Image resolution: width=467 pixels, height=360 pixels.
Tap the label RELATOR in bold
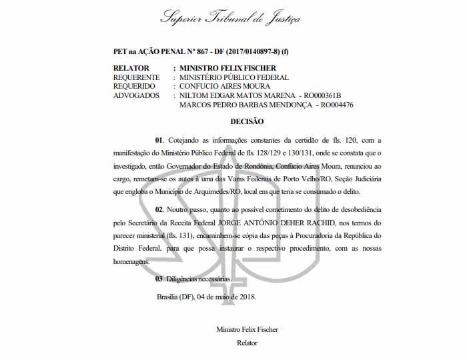[x=131, y=68]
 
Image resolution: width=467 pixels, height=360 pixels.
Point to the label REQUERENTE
[x=137, y=77]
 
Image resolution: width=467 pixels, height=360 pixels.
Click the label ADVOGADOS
[x=136, y=95]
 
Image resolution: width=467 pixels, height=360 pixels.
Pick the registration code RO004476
[x=336, y=105]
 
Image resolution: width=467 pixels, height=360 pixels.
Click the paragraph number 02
[x=159, y=210]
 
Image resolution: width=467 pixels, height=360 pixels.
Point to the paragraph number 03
[x=159, y=279]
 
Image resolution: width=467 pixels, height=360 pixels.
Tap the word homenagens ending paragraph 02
[x=134, y=262]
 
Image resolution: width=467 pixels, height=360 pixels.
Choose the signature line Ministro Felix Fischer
[x=247, y=330]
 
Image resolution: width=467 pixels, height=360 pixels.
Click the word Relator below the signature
[x=247, y=343]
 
